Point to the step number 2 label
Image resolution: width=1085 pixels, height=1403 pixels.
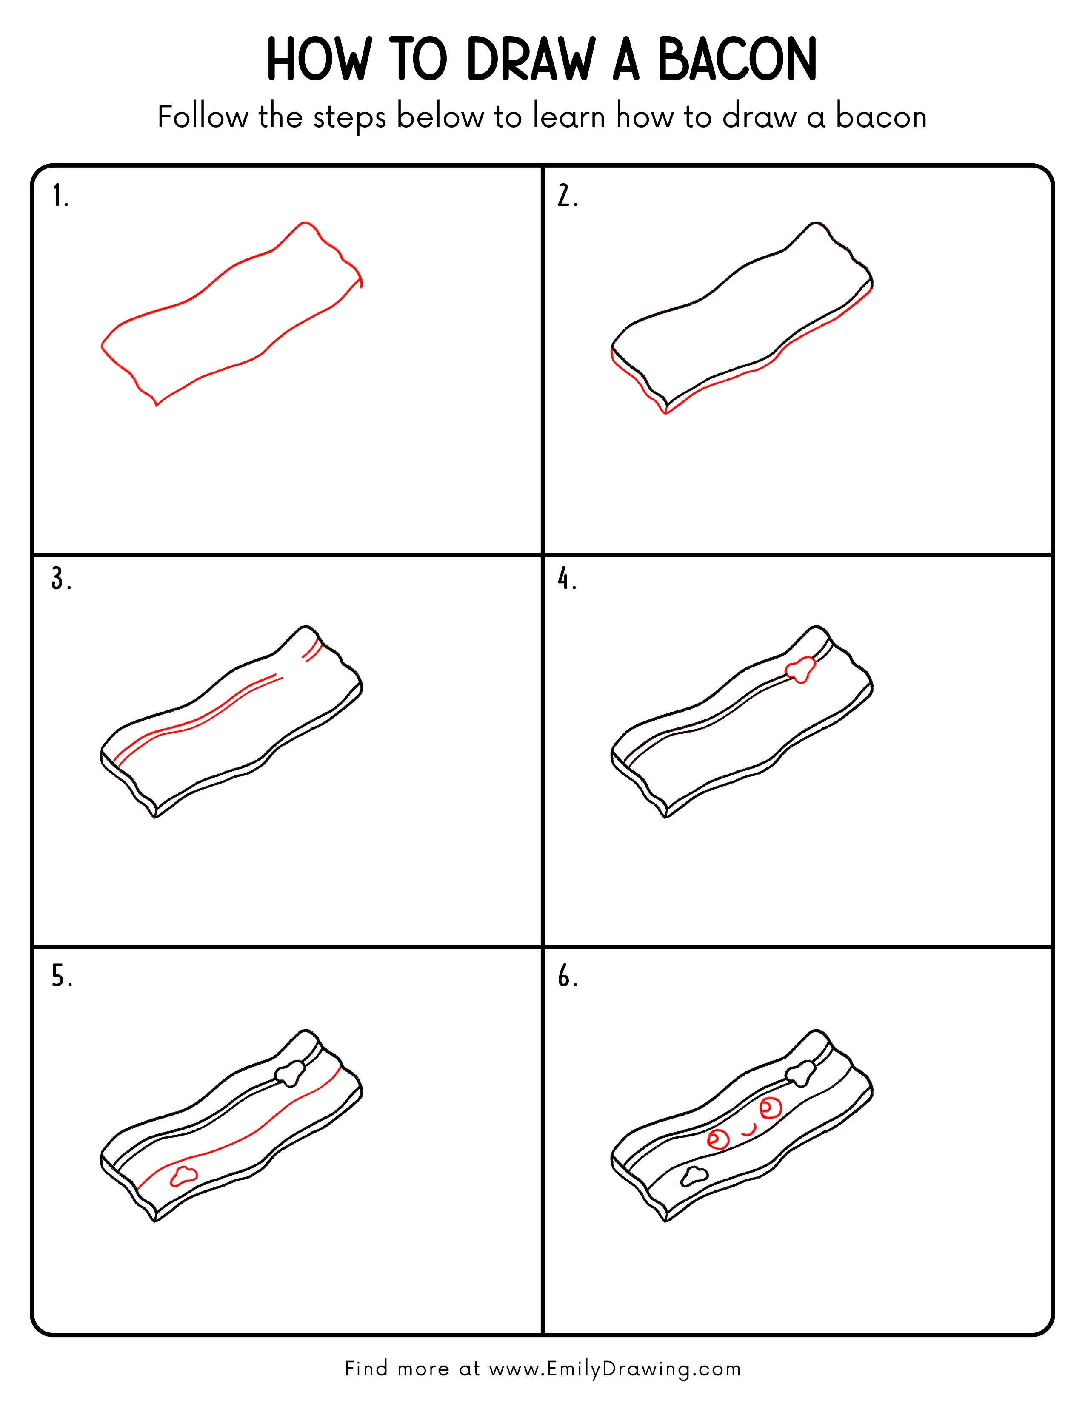pos(567,196)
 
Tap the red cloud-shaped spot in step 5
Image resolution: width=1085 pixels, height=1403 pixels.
pos(183,1175)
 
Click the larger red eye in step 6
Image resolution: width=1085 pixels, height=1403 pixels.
pos(770,1106)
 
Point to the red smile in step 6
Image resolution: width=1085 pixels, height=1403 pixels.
pos(748,1130)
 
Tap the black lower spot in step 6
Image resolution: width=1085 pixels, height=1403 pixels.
pos(694,1176)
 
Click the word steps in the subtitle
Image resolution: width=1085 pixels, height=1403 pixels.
pos(349,118)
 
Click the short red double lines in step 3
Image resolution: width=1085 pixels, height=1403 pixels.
pos(312,650)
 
